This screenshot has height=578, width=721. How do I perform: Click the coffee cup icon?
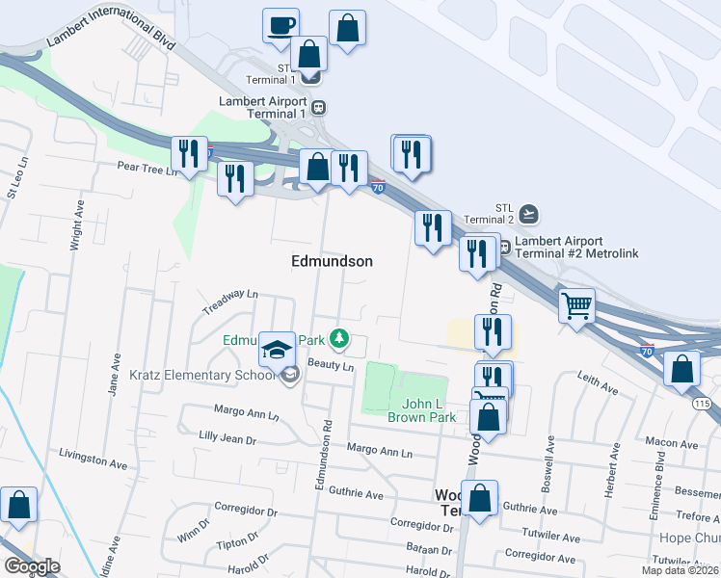pos(280,25)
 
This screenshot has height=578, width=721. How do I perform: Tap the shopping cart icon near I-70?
pos(576,306)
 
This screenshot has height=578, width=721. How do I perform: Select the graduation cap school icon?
pos(277,349)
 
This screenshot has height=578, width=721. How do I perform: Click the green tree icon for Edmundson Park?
pos(338,339)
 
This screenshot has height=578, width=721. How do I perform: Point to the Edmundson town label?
pos(332,261)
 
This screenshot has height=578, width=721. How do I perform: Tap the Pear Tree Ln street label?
pos(147,169)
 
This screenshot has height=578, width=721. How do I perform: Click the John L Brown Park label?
pos(420,410)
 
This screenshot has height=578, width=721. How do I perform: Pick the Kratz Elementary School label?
pos(202,375)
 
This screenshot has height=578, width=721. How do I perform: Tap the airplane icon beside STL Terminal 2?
pos(527,212)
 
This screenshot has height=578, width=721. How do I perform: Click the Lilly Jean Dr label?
pos(227,439)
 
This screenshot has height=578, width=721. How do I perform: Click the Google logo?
pos(32,566)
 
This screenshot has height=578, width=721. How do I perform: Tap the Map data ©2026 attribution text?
pos(680,570)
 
